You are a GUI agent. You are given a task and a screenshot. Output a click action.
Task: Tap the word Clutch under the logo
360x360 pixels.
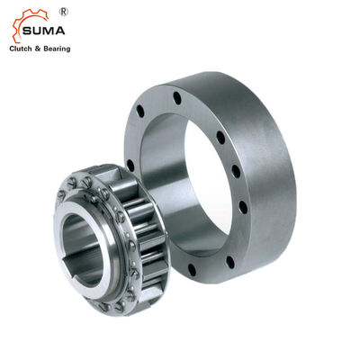[x=22, y=49]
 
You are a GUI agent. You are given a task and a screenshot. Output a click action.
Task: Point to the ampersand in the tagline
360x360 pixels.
[x=39, y=49]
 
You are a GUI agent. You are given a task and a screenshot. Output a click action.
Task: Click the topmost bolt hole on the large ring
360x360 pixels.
[x=176, y=97]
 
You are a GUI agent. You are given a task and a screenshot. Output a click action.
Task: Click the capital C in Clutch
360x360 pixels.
[x=12, y=49]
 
